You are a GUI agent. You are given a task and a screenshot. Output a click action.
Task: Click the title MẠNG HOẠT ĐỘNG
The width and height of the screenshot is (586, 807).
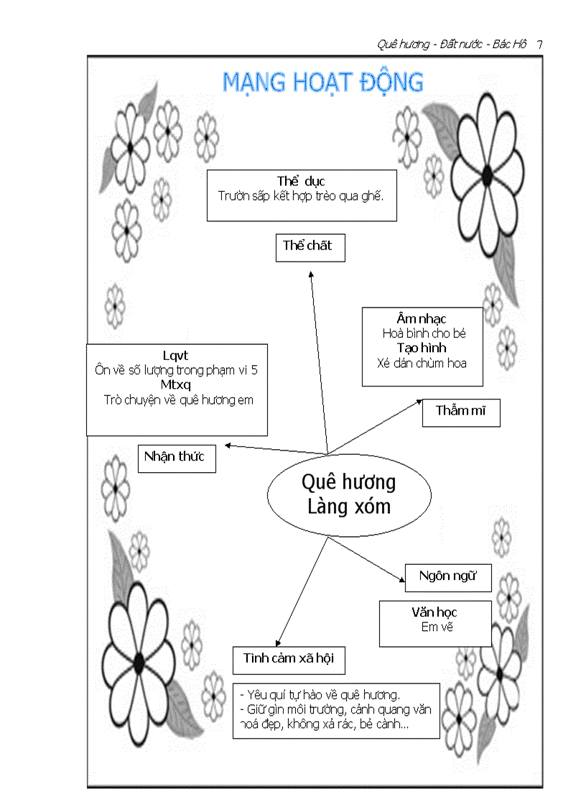pos(322,82)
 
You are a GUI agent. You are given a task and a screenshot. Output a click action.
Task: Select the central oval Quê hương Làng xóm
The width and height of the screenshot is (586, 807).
pos(349,494)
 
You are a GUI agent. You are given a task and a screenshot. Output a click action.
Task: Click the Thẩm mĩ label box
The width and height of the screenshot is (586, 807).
pos(460,412)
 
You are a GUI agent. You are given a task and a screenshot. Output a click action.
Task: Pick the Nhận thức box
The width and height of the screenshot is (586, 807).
pos(176,457)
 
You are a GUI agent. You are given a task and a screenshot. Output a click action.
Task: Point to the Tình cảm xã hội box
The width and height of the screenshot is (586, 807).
pos(289,659)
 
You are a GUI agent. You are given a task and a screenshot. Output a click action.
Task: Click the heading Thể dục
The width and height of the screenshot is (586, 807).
pos(301,181)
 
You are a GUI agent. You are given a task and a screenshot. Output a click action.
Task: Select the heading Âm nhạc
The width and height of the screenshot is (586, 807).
pos(422,318)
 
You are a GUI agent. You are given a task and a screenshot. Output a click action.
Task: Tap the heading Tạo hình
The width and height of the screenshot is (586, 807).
pos(422,348)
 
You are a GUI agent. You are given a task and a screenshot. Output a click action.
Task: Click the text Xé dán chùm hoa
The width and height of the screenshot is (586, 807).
pos(422,363)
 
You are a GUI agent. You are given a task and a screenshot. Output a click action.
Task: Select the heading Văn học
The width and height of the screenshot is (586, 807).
pos(434,612)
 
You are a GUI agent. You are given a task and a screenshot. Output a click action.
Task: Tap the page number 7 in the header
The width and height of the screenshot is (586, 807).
pos(539,45)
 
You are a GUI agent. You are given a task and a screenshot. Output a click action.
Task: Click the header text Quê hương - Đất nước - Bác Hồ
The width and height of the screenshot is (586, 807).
pos(452,45)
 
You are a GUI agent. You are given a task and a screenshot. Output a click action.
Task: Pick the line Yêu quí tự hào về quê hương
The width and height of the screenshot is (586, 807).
pos(320,695)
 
